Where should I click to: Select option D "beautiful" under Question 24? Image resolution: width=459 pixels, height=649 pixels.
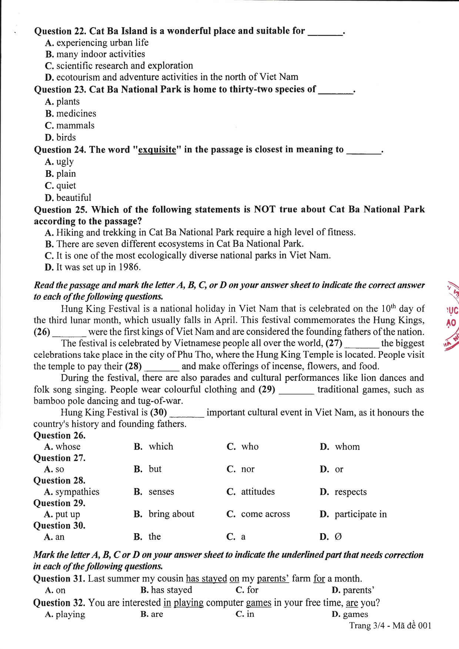(x=73, y=198)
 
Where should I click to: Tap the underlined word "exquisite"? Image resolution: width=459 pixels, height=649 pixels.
(x=157, y=150)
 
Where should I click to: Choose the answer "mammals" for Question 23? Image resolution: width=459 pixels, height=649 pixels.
(x=75, y=126)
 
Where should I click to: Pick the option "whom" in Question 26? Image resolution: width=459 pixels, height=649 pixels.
(x=347, y=447)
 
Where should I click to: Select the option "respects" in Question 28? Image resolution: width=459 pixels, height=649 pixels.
(x=350, y=492)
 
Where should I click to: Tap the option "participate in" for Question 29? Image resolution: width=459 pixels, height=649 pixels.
(x=360, y=514)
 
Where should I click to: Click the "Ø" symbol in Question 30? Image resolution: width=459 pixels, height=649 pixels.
(x=338, y=537)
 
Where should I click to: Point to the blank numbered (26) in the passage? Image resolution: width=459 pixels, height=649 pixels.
(x=69, y=332)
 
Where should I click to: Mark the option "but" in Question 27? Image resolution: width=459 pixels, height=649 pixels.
(x=155, y=469)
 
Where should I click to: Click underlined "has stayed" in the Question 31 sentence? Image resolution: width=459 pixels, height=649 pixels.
(x=206, y=579)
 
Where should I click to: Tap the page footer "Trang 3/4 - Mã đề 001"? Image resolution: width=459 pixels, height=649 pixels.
(x=390, y=626)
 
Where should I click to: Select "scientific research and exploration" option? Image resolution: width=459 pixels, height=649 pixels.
(x=124, y=66)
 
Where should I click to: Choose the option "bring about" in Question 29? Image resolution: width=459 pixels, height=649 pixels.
(x=171, y=514)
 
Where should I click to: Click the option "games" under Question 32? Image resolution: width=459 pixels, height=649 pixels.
(x=355, y=615)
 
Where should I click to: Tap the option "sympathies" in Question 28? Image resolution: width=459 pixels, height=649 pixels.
(x=77, y=492)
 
